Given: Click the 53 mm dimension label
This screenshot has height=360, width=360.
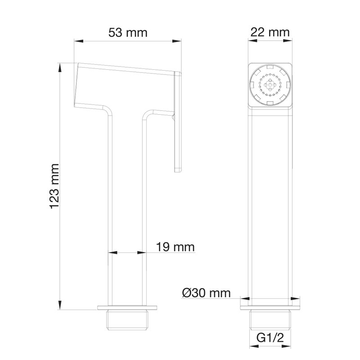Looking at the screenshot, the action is point(128,32).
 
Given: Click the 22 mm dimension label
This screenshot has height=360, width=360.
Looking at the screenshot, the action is point(270,32).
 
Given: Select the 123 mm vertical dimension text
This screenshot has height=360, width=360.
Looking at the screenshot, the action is point(54,186).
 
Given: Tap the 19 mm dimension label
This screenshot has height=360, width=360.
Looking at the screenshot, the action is point(175,247).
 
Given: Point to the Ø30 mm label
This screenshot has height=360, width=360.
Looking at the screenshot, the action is point(207,293).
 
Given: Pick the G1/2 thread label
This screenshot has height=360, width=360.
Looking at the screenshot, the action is point(270,338).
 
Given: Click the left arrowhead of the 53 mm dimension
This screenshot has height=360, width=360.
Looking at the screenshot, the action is point(78,41).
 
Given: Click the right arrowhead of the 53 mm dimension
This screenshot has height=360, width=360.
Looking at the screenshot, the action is point(177,41).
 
